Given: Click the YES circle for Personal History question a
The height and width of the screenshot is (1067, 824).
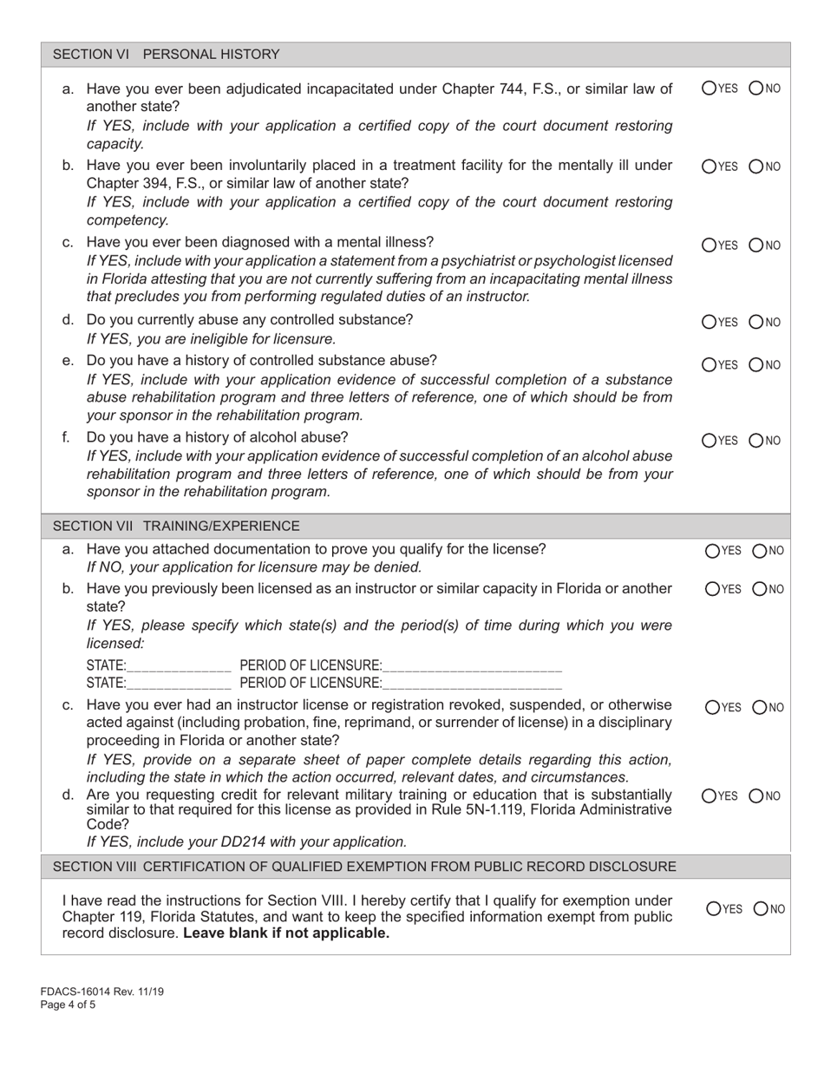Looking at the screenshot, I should [709, 88].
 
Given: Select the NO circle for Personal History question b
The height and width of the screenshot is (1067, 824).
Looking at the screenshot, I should [756, 166].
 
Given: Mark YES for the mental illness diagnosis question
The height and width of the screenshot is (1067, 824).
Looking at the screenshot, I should [709, 245].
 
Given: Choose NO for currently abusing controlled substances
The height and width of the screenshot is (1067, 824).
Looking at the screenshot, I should [756, 323].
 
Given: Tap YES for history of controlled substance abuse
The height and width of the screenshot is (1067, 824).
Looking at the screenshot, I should [709, 364].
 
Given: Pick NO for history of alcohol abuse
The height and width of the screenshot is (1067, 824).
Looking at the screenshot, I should [756, 441].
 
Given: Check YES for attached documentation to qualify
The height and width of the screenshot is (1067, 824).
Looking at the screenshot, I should [713, 550].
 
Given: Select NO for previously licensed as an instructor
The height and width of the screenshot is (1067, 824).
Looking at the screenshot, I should [760, 589].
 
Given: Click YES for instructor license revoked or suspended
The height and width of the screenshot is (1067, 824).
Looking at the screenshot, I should [713, 707].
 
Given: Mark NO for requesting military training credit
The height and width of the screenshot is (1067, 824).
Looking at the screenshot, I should [760, 795].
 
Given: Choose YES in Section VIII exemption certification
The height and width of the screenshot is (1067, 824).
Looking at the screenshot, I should [713, 908].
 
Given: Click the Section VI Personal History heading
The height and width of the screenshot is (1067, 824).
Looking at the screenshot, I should [167, 55].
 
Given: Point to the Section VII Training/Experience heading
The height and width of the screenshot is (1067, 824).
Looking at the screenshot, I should [176, 526].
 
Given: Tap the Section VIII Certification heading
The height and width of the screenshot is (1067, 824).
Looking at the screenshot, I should [364, 867].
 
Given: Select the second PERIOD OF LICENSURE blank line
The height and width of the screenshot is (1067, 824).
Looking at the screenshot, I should [472, 684].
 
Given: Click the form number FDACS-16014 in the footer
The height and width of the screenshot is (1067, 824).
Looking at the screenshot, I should [80, 992].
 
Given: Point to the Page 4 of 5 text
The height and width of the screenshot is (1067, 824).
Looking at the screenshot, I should [68, 1005].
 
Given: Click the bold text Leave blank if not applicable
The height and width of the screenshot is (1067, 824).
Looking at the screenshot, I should [286, 933].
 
